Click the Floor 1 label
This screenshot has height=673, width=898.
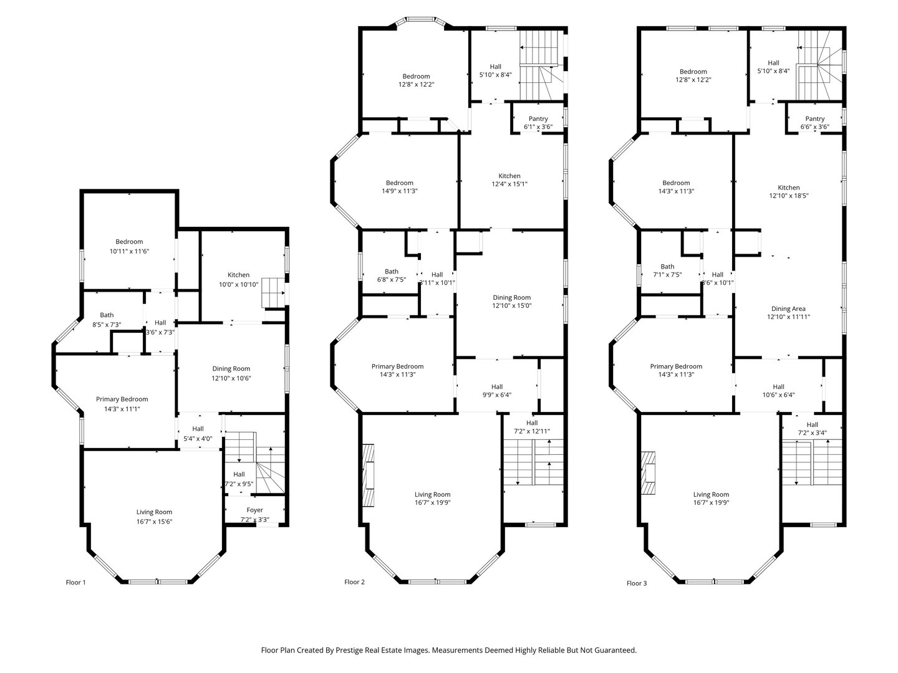tap(75, 583)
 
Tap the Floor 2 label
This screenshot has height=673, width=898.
tap(354, 582)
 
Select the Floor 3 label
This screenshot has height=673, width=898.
tap(637, 584)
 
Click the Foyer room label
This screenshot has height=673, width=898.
tap(255, 510)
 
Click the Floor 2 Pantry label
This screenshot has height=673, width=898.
tap(538, 119)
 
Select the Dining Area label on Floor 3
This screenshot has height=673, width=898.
tap(788, 308)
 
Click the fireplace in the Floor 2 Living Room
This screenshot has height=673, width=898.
tap(369, 475)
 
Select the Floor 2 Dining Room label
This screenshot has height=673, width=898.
tap(511, 298)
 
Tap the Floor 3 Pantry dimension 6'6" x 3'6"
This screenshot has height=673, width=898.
tap(814, 127)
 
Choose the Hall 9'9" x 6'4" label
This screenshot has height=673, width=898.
tap(496, 386)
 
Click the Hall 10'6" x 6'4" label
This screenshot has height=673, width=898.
tap(778, 386)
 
